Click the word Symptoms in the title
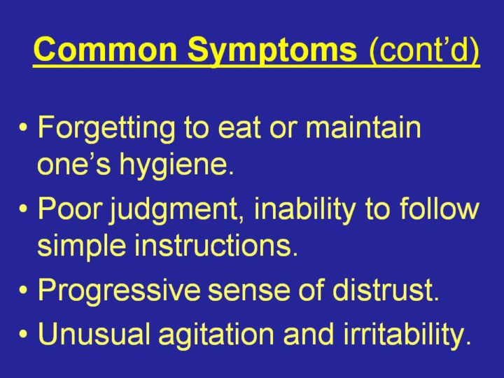click(x=272, y=51)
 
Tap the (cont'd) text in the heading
click(x=424, y=51)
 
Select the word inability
click(x=304, y=210)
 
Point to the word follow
click(x=440, y=208)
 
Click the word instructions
click(x=216, y=244)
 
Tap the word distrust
click(x=386, y=288)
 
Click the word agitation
click(x=216, y=335)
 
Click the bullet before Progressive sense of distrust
click(x=23, y=290)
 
